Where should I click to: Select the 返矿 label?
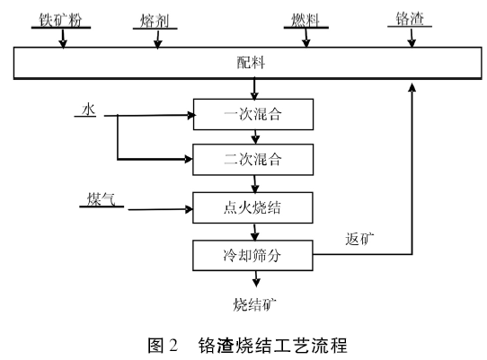click(x=359, y=239)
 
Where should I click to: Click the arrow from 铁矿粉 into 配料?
click(x=63, y=39)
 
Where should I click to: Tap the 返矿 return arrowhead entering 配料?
click(x=414, y=86)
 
